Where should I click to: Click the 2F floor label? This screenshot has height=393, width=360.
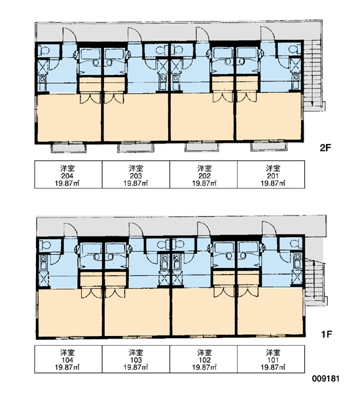[x=325, y=148]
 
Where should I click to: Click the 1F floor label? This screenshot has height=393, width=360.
[x=327, y=334]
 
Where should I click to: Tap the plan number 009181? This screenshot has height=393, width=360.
[x=326, y=378]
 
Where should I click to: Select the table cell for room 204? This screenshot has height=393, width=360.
[x=68, y=174]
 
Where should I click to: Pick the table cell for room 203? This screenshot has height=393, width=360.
[x=136, y=174]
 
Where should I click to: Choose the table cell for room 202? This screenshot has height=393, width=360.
[x=204, y=174]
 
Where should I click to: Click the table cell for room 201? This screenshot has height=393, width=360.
[x=271, y=174]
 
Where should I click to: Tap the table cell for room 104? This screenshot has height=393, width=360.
[x=68, y=359]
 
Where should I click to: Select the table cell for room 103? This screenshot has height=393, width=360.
[x=136, y=359]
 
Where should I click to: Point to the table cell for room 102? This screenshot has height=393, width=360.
[x=204, y=359]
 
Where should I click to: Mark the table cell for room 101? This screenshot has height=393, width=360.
[x=271, y=359]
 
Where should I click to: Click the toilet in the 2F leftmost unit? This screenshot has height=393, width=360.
[x=45, y=51]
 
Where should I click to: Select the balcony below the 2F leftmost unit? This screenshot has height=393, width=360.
[x=68, y=147]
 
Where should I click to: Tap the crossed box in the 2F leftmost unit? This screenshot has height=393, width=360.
[x=43, y=67]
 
